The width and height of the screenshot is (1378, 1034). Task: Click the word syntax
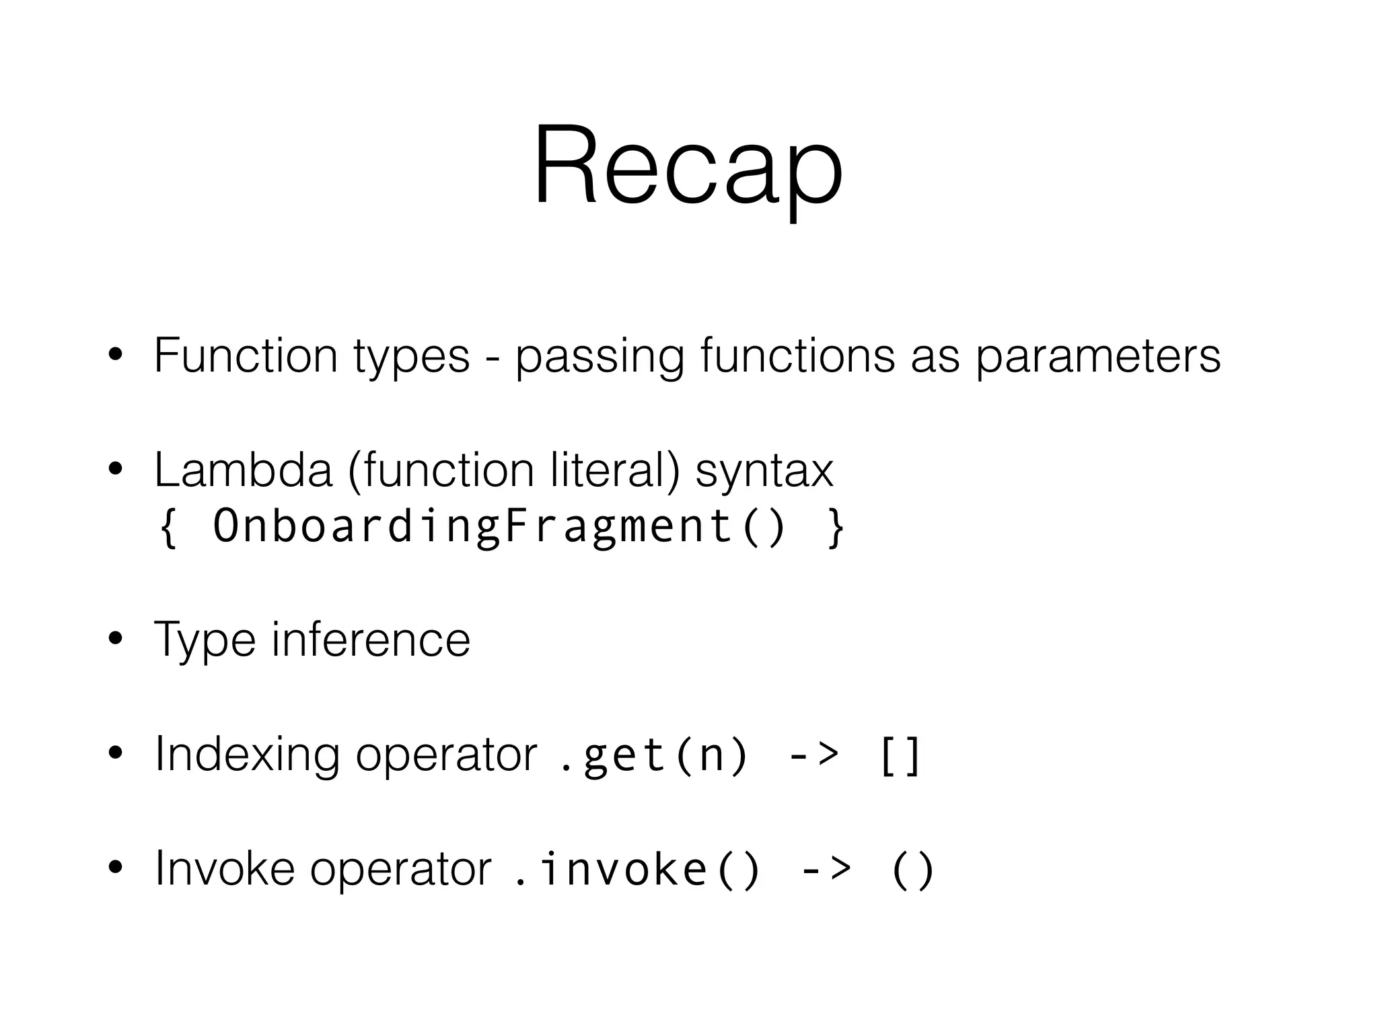[x=764, y=471]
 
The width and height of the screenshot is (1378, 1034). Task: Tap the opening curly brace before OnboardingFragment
[x=168, y=527]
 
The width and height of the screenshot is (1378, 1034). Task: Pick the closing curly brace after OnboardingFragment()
[x=835, y=527]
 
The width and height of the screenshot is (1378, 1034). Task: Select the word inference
[x=371, y=639]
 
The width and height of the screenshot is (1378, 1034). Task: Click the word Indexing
[x=247, y=755]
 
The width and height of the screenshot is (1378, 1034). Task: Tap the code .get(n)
[x=653, y=755]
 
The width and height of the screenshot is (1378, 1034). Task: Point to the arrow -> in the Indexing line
[x=813, y=755]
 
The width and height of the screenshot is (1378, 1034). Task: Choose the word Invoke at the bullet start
[x=225, y=868]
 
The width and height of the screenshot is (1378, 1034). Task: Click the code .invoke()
[x=636, y=869]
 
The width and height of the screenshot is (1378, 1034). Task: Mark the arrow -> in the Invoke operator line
[x=826, y=869]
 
